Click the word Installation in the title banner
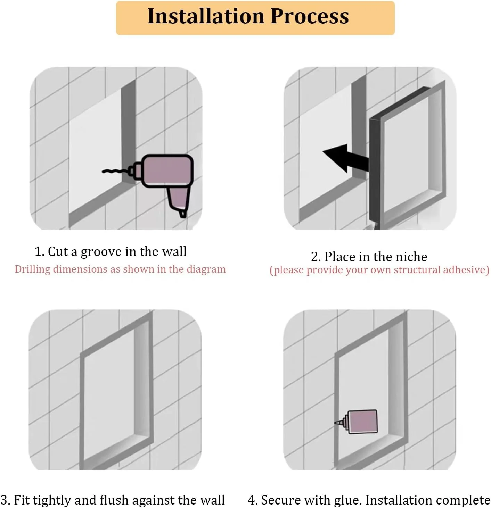click(206, 16)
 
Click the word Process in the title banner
click(310, 16)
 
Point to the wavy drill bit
click(115, 171)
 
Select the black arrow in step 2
click(345, 159)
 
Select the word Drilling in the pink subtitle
click(32, 269)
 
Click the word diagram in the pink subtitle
click(206, 269)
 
